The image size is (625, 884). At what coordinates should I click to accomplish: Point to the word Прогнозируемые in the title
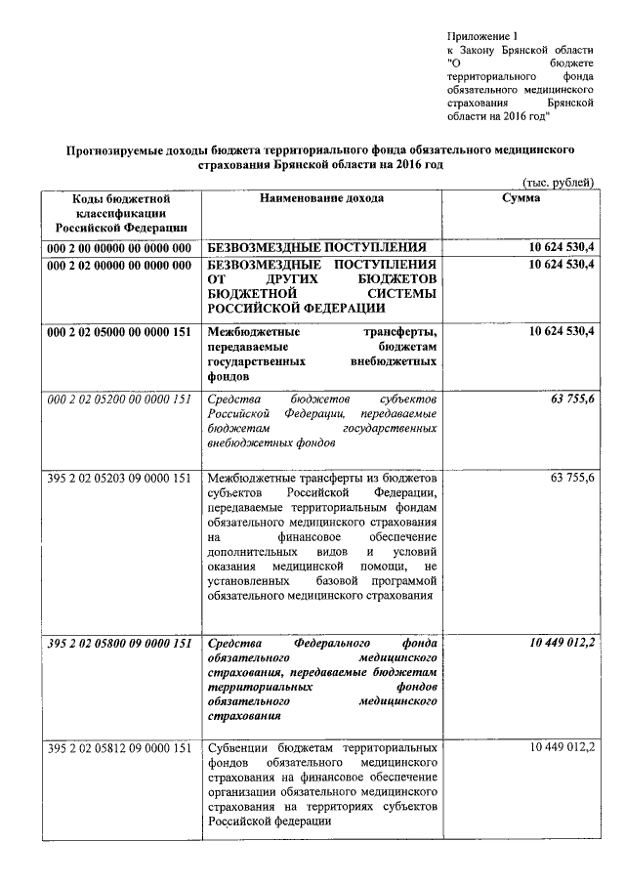pyautogui.click(x=112, y=150)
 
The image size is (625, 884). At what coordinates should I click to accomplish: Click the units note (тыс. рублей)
pyautogui.click(x=558, y=183)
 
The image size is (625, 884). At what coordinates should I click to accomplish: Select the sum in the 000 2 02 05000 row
pyautogui.click(x=561, y=332)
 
